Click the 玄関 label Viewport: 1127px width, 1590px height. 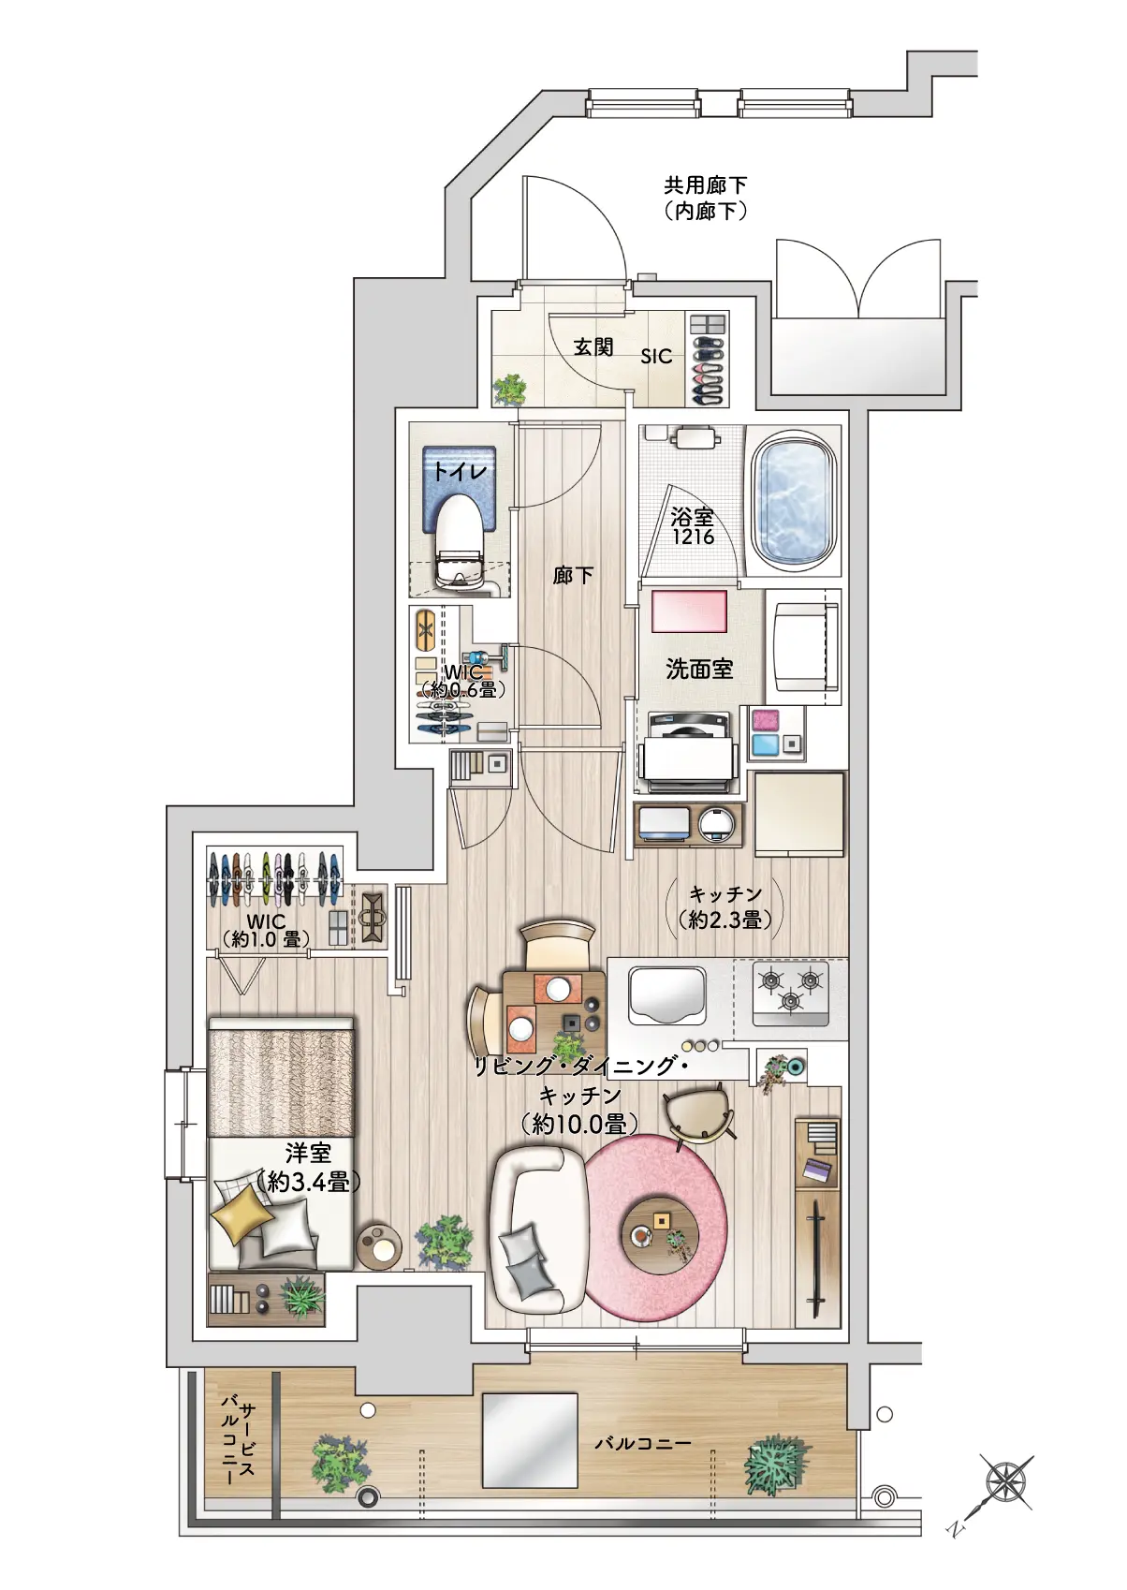(593, 347)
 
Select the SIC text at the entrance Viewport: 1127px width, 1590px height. (656, 356)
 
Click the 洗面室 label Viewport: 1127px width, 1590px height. (699, 669)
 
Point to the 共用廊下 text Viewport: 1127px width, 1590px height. (706, 185)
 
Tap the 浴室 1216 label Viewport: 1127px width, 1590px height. (693, 526)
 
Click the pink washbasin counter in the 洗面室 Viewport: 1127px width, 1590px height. (689, 611)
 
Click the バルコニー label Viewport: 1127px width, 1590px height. (643, 1443)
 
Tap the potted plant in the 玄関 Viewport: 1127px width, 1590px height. (511, 388)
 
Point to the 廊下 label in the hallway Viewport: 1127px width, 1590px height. (573, 574)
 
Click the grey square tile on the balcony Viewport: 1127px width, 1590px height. (530, 1439)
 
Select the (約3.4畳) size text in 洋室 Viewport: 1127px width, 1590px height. (308, 1182)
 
